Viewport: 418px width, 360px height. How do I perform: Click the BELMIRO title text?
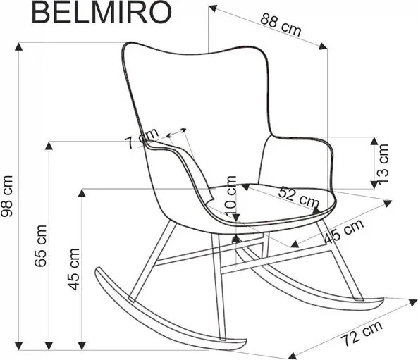pos(102,13)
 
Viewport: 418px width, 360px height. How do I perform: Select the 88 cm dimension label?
pos(281,25)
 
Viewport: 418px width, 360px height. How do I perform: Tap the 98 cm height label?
pos(7,196)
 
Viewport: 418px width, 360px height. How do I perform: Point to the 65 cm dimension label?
pos(40,246)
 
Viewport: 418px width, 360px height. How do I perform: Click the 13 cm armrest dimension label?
pos(383,163)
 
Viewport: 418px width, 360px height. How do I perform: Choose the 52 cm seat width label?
pos(299,197)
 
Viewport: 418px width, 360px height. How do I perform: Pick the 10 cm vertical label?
pos(230,196)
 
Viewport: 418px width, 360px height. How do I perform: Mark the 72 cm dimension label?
pos(362,334)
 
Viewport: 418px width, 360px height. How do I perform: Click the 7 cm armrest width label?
pos(142,139)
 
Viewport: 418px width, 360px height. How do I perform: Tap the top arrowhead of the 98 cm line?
pos(18,46)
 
